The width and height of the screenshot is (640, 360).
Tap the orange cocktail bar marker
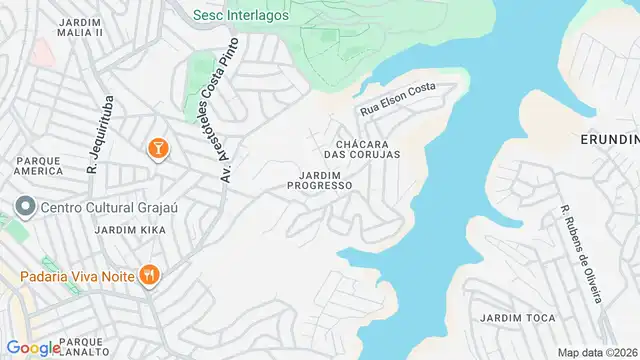(157, 149)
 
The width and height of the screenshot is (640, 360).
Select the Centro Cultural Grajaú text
(102, 208)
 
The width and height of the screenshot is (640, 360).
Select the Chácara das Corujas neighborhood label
(362, 148)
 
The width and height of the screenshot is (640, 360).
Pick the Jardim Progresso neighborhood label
(319, 180)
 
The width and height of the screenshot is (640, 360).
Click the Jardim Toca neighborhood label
(517, 318)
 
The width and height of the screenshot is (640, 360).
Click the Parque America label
(39, 164)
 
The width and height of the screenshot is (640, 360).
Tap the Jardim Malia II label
(80, 26)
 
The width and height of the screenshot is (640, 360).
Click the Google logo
(33, 348)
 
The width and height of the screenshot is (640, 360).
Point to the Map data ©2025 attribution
(597, 352)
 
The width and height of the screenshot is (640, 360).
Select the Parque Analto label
(88, 347)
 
